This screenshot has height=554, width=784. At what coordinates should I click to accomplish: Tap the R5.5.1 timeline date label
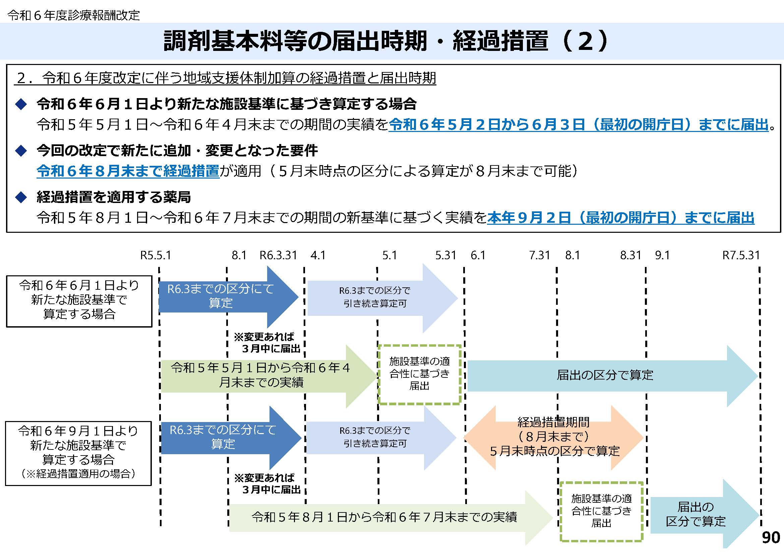[x=156, y=255]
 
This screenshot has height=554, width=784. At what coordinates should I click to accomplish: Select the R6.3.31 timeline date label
[x=278, y=255]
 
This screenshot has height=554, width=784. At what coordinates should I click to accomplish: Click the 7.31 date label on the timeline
[x=540, y=255]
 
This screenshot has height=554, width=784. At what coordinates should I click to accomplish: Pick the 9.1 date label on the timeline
[x=662, y=255]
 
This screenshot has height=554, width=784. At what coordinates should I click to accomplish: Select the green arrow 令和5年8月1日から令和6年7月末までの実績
[x=384, y=517]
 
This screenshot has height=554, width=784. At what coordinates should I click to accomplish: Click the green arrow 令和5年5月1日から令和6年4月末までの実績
[x=261, y=375]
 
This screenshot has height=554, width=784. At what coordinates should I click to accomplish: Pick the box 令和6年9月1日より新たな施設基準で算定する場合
[x=78, y=453]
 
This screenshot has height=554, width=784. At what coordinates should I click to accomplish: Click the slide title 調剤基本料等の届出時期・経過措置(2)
[x=385, y=41]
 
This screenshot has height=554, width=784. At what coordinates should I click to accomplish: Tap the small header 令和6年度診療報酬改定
[x=74, y=15]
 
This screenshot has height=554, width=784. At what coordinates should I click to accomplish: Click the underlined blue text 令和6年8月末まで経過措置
[x=128, y=171]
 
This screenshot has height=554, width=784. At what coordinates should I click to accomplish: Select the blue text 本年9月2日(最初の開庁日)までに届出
[x=620, y=218]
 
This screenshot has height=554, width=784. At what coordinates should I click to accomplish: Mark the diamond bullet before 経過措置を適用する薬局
[x=21, y=197]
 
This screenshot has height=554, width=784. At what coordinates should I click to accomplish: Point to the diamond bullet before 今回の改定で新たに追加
[x=21, y=150]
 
